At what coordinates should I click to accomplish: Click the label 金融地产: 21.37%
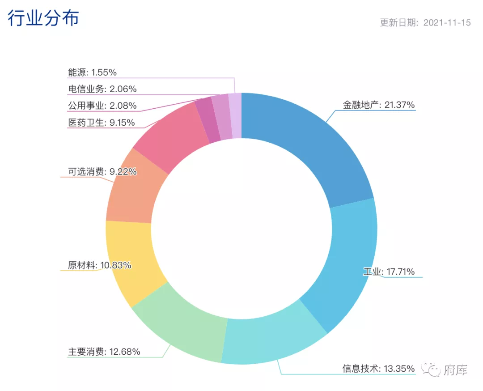coord(379,105)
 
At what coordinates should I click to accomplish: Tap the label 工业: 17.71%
coord(389,272)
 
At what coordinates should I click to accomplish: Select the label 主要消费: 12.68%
coord(104,352)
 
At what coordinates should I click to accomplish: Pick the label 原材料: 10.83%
coord(100,265)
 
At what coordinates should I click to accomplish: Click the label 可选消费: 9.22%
coord(102,171)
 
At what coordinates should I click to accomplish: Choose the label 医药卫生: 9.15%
coord(102,122)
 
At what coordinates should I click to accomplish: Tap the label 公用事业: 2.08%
coord(102,106)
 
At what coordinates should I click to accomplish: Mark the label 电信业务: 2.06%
coord(102,89)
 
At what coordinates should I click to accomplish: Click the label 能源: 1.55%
coord(93,72)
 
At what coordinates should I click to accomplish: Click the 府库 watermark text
coord(455,370)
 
